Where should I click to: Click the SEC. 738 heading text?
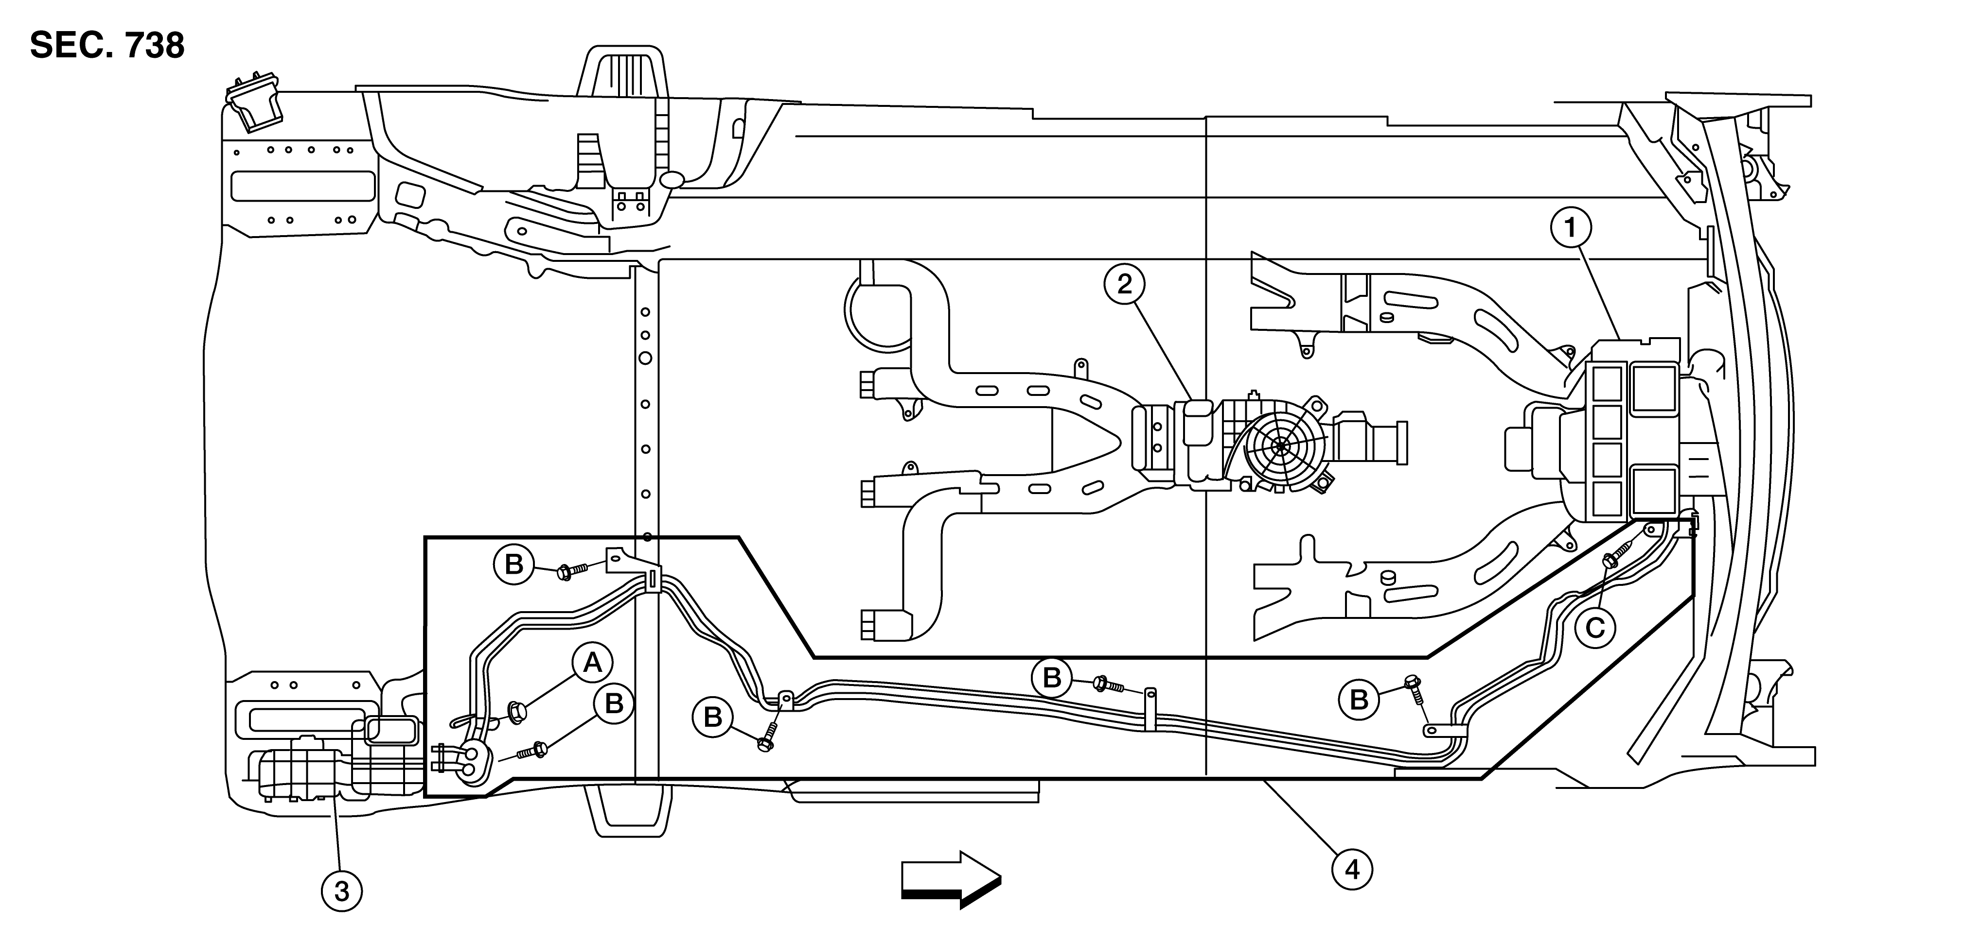tap(107, 46)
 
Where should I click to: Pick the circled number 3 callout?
tap(341, 890)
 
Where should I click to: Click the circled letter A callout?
tap(592, 664)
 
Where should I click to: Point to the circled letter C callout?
tap(1595, 628)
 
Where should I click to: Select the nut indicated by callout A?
tap(518, 713)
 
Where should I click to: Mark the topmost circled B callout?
tap(514, 565)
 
